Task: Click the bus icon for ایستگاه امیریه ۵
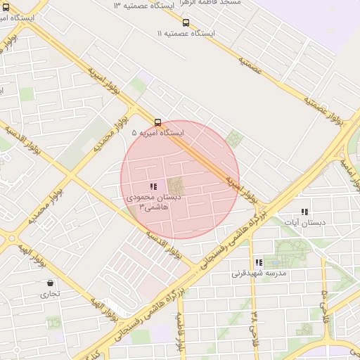pyautogui.click(x=157, y=121)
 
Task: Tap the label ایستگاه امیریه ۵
pyautogui.click(x=157, y=132)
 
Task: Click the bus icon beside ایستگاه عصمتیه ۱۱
pyautogui.click(x=186, y=22)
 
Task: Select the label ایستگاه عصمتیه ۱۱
pyautogui.click(x=186, y=33)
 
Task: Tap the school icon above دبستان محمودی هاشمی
pyautogui.click(x=153, y=186)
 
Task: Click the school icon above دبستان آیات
pyautogui.click(x=304, y=211)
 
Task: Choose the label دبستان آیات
pyautogui.click(x=301, y=222)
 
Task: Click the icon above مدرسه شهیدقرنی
pyautogui.click(x=259, y=262)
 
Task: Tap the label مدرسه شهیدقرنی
pyautogui.click(x=257, y=274)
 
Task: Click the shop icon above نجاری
pyautogui.click(x=50, y=283)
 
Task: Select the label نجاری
pyautogui.click(x=49, y=295)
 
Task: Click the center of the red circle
pyautogui.click(x=180, y=180)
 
